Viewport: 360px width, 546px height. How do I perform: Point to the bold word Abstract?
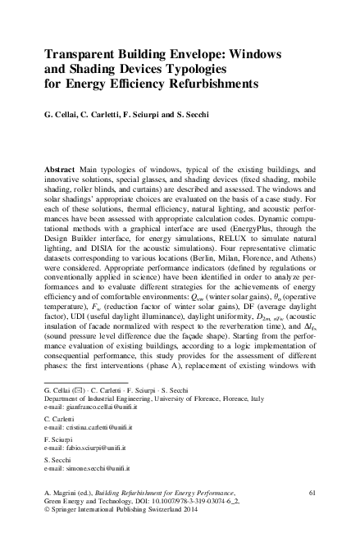62,166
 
